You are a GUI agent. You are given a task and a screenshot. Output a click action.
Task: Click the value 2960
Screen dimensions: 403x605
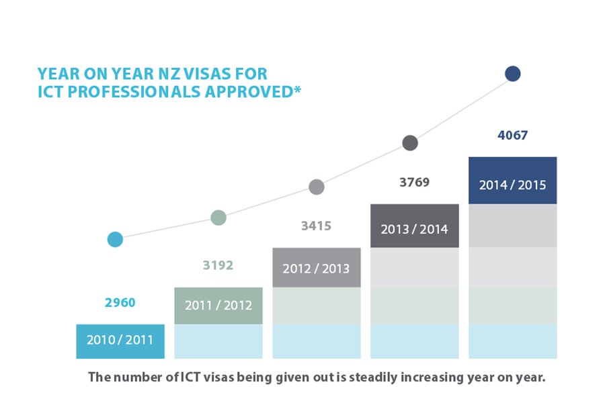click(x=120, y=303)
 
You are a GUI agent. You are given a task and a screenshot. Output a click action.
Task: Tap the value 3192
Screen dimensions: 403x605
click(x=218, y=265)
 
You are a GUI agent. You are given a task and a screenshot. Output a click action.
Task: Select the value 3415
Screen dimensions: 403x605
click(x=316, y=226)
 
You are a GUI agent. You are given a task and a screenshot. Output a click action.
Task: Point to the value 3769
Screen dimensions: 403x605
click(x=414, y=182)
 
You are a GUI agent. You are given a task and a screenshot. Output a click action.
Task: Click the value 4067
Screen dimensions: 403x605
click(x=512, y=136)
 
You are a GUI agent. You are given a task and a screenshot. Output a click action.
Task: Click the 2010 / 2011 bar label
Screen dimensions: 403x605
click(x=120, y=341)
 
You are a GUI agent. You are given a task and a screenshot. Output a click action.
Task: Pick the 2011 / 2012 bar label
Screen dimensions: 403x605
click(x=218, y=306)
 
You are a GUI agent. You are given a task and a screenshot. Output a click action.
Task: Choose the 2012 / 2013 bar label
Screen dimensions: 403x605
click(x=316, y=269)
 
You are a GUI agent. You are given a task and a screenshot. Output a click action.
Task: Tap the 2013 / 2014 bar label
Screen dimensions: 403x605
click(x=414, y=229)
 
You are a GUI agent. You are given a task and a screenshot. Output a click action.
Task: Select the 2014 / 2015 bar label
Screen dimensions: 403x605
click(x=512, y=185)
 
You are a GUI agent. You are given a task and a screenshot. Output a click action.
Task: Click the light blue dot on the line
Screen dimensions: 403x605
click(x=115, y=239)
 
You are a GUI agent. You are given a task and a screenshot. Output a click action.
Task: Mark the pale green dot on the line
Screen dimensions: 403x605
click(x=218, y=218)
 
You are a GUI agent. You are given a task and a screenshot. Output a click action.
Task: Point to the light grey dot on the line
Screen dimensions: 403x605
click(x=316, y=187)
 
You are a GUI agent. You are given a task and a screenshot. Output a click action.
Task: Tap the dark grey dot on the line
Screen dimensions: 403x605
click(x=410, y=142)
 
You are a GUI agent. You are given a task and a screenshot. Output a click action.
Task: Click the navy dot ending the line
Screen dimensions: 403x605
click(x=513, y=74)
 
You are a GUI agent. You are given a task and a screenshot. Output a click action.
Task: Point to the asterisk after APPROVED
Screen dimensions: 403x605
click(x=296, y=89)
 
